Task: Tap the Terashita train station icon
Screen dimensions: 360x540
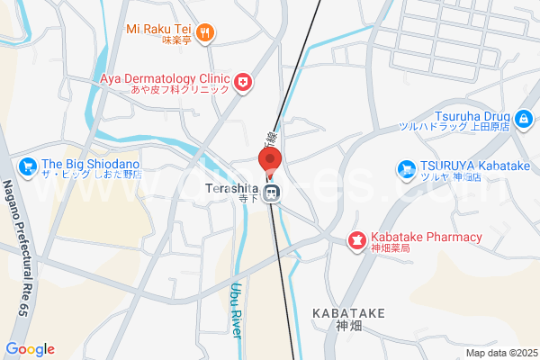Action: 271,192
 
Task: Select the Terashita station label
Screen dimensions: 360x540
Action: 231,190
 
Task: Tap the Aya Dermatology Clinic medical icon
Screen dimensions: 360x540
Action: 242,83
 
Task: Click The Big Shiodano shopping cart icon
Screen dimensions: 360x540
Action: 27,166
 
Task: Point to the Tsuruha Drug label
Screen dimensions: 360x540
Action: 473,115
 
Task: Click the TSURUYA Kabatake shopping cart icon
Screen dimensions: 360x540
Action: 408,168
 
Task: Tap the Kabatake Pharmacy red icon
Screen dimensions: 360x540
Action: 356,240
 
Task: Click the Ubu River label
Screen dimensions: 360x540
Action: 237,310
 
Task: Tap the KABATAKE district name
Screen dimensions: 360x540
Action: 348,312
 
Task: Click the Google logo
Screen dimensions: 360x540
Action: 30,349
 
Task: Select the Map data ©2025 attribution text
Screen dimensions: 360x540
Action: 499,353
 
